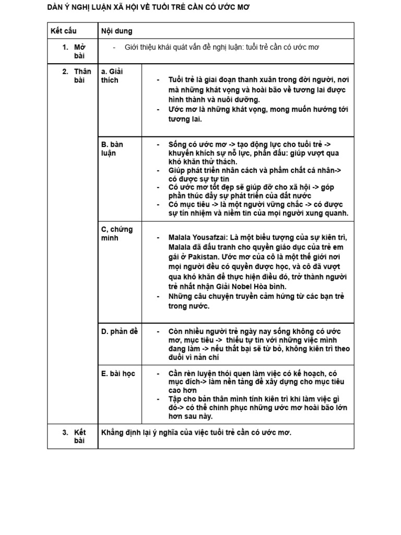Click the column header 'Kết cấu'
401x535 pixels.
click(63, 31)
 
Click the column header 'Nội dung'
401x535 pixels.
click(116, 31)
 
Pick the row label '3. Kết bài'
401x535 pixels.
click(75, 437)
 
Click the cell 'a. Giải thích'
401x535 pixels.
click(112, 76)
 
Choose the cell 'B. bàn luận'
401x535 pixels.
click(112, 148)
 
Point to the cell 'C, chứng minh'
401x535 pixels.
click(117, 234)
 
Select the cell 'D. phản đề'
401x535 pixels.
click(120, 331)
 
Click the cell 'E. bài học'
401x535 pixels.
click(118, 374)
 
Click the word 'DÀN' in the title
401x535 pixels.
click(55, 7)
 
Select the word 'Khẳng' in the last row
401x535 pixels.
click(114, 433)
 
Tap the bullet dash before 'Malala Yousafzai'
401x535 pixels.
click(158, 237)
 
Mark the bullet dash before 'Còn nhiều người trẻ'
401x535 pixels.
click(158, 332)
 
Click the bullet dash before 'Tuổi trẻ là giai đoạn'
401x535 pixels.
click(158, 80)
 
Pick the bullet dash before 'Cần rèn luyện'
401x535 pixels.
click(158, 374)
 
